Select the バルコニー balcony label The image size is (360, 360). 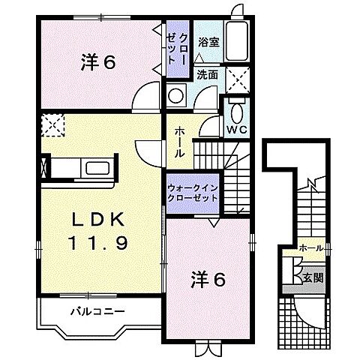(x=97, y=310)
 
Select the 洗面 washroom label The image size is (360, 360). (x=208, y=74)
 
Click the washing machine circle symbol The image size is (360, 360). (x=177, y=96)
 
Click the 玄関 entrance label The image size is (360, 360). (x=313, y=278)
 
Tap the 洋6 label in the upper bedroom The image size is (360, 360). (x=97, y=63)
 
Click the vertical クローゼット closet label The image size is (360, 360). (x=178, y=48)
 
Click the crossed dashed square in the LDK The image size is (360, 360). (x=52, y=125)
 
